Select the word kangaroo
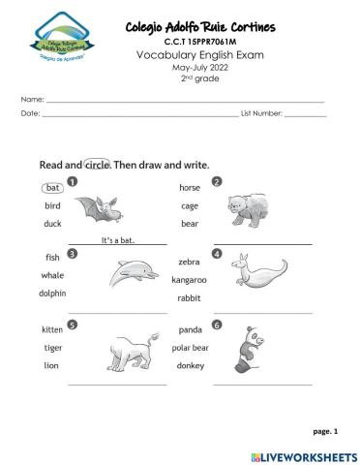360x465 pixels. pos(189,280)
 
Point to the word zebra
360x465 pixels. pos(189,262)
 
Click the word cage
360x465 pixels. pos(189,205)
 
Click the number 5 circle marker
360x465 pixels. pos(73,324)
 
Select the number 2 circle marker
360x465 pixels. pos(217,181)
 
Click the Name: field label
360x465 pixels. pos(32,100)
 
